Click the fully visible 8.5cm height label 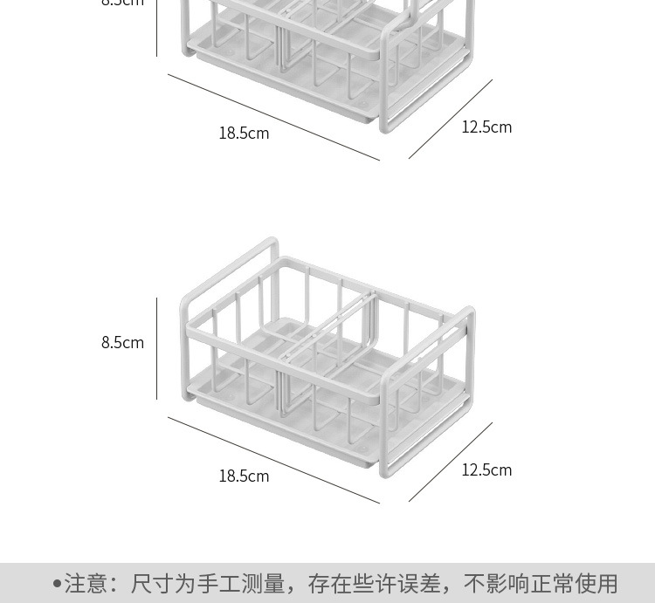pos(122,343)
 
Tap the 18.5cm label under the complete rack pos(244,476)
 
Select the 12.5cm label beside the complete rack pos(486,470)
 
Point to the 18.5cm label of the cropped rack pos(244,134)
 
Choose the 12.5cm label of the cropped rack pos(486,127)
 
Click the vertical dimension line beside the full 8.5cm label pos(157,349)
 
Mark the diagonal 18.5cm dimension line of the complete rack pos(273,460)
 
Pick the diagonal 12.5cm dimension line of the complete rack pos(451,463)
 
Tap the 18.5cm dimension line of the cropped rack pos(273,117)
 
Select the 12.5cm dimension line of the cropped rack pos(451,120)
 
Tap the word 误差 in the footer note pos(422,583)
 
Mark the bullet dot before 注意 pos(57,583)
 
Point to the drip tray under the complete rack pos(288,419)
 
